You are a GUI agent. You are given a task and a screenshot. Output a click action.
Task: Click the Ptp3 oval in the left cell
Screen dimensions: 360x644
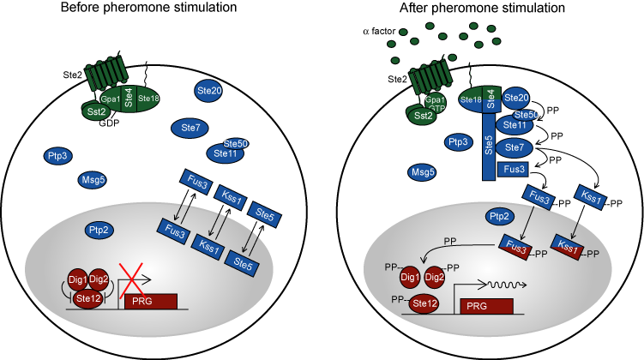[x=58, y=155]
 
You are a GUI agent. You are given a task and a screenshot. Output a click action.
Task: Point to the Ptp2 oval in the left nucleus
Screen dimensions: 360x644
[x=98, y=230]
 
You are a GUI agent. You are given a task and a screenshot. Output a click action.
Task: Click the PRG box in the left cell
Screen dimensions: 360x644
[x=152, y=301]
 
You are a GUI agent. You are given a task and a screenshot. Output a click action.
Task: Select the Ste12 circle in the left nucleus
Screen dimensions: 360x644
[x=85, y=298]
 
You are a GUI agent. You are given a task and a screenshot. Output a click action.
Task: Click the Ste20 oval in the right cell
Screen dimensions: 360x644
[x=518, y=100]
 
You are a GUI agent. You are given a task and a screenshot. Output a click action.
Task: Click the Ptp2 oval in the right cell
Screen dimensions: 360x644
[x=500, y=214]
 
